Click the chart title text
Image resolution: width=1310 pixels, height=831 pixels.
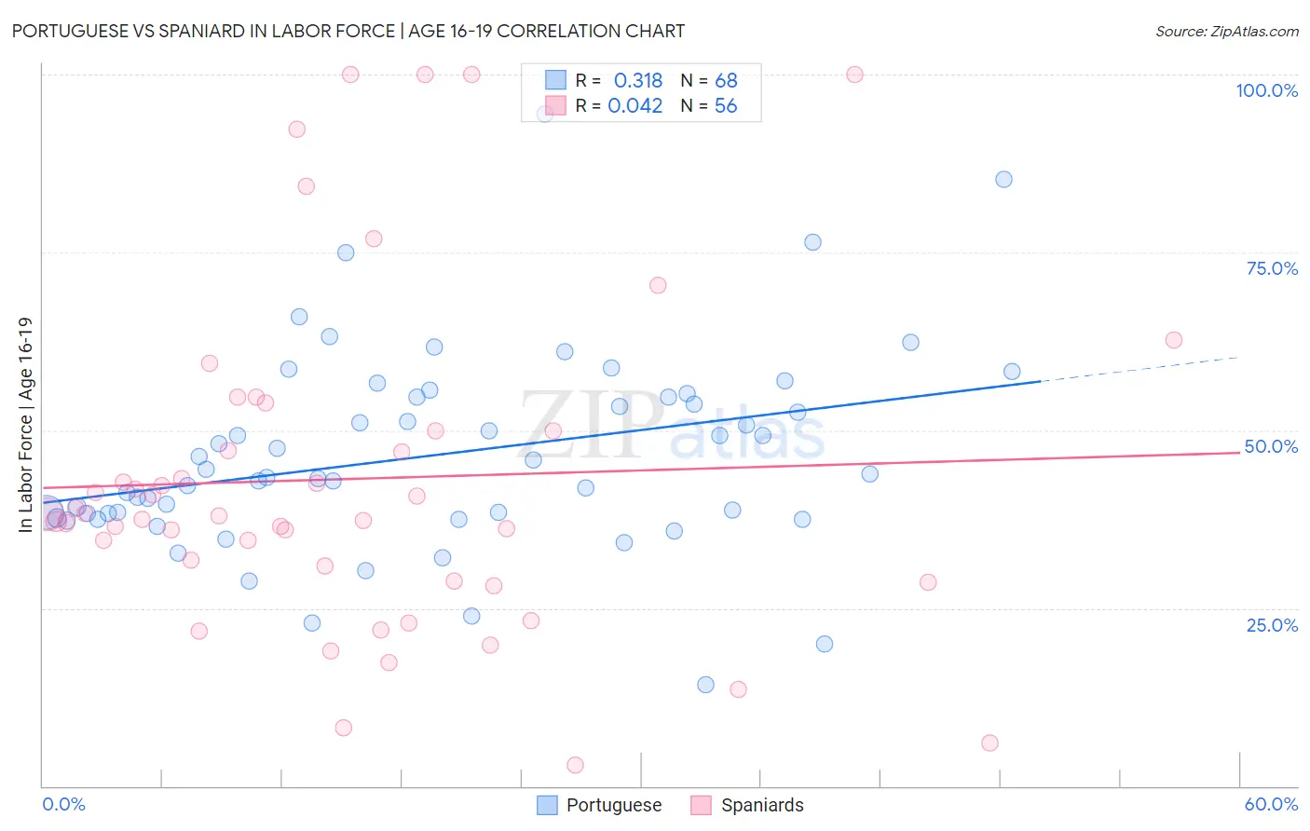pos(348,31)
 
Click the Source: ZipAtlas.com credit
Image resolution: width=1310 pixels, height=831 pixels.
pos(1226,31)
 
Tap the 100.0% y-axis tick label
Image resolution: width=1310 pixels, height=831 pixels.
pos(1266,90)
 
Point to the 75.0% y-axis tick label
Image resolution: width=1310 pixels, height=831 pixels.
pos(1272,268)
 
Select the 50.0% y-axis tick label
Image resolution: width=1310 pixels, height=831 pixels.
pos(1271,446)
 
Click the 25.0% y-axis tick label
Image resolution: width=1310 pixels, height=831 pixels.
pos(1272,625)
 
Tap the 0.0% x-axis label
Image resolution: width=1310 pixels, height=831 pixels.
pos(63,804)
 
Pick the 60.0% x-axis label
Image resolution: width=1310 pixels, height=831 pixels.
pos(1271,804)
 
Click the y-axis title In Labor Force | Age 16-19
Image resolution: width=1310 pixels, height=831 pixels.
pos(25,425)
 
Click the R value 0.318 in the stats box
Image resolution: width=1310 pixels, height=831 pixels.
pos(637,81)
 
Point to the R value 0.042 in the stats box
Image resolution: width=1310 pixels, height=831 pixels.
pos(635,106)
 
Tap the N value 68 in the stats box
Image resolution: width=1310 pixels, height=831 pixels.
pos(726,81)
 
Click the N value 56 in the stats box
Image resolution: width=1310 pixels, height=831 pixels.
pos(726,106)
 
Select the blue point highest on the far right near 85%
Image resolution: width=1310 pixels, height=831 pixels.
pos(1003,180)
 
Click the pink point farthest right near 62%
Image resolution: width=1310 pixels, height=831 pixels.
pos(1174,340)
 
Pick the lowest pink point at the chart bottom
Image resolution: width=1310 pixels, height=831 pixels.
pos(575,765)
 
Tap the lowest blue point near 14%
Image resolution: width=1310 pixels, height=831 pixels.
pos(705,685)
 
